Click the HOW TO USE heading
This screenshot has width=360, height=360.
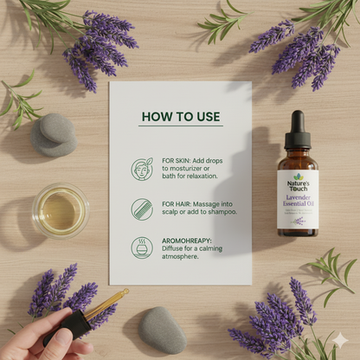coord(181,116)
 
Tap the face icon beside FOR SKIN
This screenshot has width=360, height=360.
coord(141,168)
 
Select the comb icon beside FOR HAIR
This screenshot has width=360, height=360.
coord(141,209)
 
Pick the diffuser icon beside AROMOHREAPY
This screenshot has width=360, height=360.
coord(141,247)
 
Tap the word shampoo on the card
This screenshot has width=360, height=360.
coord(220,212)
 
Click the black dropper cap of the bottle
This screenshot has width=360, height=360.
coord(298,130)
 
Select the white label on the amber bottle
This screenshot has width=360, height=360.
coord(298,200)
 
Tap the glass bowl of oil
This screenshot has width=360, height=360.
coord(60,211)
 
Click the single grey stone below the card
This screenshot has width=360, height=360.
coord(162,330)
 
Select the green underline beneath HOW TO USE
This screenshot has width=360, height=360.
coord(181,126)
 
